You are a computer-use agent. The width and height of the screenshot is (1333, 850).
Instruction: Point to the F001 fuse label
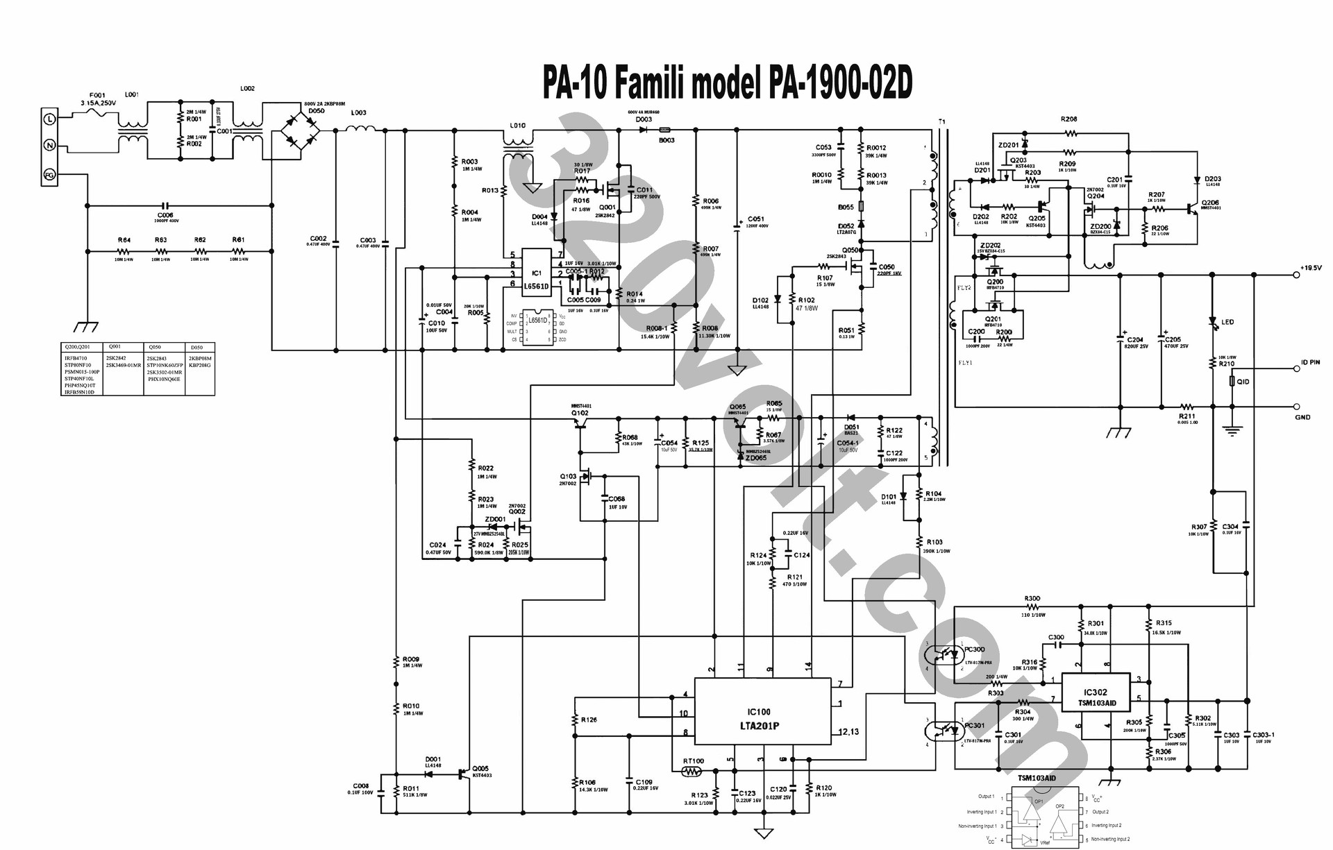97,95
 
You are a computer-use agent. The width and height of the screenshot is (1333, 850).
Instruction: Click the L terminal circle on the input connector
50,119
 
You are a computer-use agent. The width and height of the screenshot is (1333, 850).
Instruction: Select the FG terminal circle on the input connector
50,174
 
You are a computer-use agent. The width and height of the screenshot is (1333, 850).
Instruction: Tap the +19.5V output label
1311,268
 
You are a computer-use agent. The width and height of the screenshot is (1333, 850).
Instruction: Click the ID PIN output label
1310,363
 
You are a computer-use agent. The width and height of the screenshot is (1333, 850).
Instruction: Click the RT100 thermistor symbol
691,771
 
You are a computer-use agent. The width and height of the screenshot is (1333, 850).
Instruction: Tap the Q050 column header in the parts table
154,347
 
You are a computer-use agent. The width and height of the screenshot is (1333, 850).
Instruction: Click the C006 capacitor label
165,215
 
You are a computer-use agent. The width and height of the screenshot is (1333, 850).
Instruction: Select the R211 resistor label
1187,416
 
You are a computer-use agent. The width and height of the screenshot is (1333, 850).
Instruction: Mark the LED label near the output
1227,323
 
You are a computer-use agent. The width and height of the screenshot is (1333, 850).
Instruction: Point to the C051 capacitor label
756,219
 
